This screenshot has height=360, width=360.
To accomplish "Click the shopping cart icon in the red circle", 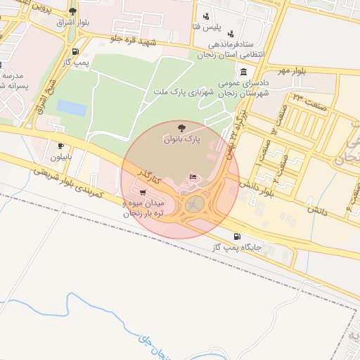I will point(143,192).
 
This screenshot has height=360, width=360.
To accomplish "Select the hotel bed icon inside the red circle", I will point(193,176).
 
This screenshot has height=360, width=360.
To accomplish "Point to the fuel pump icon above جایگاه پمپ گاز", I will point(236,236).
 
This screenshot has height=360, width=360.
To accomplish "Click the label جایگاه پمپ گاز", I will point(236,247).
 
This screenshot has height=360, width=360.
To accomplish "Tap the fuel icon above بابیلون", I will point(60,146).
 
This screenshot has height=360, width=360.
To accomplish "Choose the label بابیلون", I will point(60,157).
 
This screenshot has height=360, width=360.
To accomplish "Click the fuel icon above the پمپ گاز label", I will point(75,51).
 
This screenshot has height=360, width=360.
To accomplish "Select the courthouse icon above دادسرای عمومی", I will point(243,72).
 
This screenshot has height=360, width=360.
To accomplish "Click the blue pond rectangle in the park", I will point(71,108).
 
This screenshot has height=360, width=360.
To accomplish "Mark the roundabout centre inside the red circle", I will point(196,204).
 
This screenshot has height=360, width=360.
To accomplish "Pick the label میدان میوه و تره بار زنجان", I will point(133,208).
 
